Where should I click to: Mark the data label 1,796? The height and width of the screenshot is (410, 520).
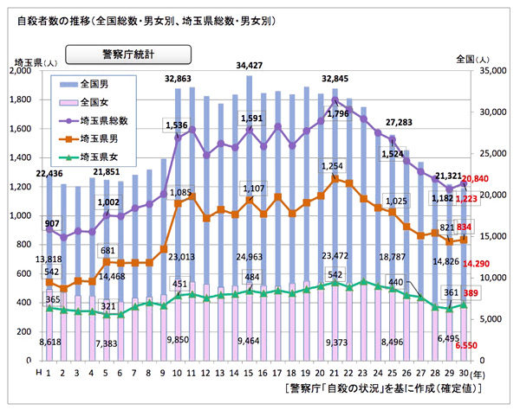pos(339,113)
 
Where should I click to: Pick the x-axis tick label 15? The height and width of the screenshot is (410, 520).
pos(250,373)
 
